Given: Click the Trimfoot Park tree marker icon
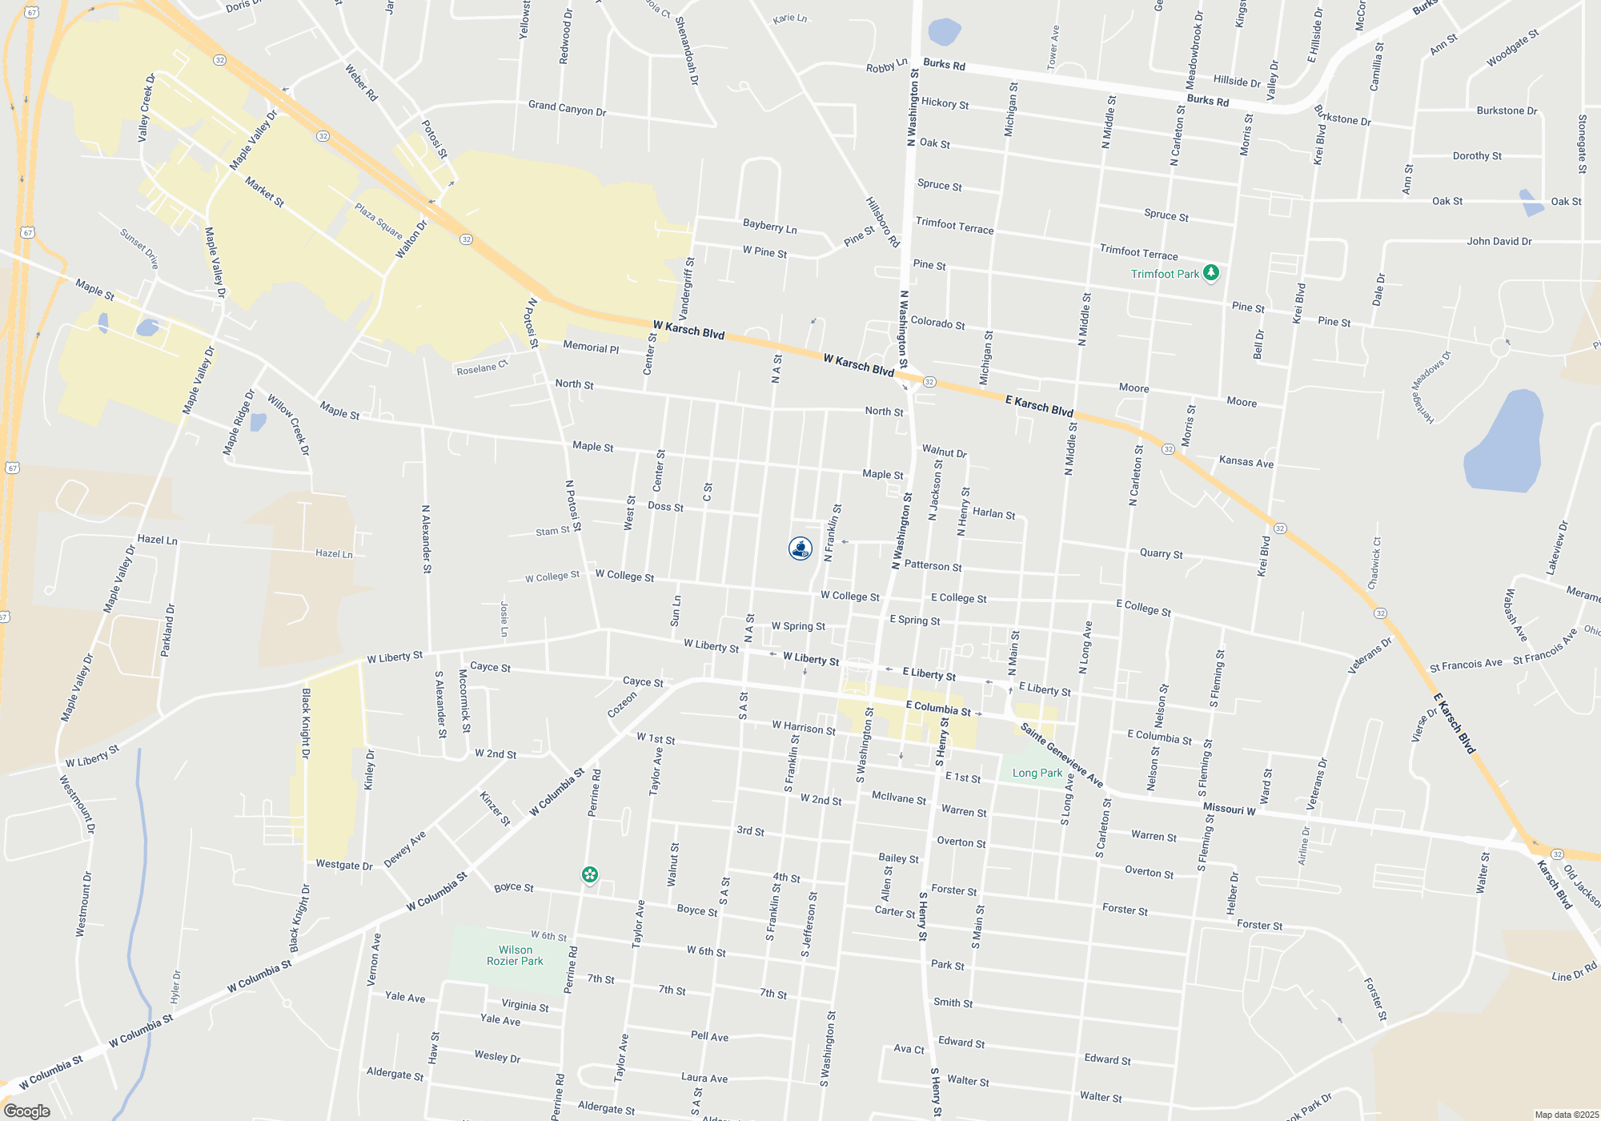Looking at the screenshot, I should pos(1211,273).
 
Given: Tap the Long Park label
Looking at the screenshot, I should pos(1037,773).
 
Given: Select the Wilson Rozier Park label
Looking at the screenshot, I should pos(515,955).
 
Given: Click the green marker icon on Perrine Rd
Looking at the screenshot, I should pos(590,874).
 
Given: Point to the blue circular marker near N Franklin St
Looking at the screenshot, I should pos(800,548).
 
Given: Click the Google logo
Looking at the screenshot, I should pos(27,1111).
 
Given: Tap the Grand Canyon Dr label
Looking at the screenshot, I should pos(567,108).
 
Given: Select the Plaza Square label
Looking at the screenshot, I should pos(379,221).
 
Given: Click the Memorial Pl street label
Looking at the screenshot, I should pos(591,348).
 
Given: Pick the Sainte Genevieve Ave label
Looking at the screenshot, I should pos(1061,755).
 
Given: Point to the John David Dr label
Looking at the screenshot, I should pos(1499,241).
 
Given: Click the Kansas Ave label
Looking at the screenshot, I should pos(1246,462).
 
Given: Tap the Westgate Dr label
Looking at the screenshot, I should pos(344,865).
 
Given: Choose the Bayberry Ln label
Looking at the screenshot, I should pos(770,227).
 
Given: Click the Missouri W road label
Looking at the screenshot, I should pos(1229,809).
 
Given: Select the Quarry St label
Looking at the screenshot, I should pos(1161,553).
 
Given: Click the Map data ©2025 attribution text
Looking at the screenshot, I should pos(1566,1115).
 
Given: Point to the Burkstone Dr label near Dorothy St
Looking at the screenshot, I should pos(1507,110).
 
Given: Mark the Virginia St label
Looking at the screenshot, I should pos(525,1006).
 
